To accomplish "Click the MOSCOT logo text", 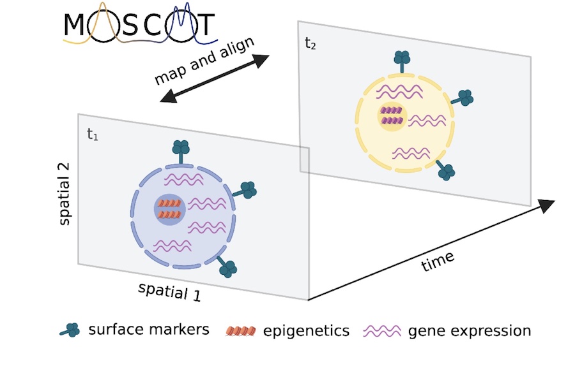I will pyautogui.click(x=139, y=26).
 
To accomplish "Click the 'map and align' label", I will pyautogui.click(x=204, y=61).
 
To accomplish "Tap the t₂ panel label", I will pyautogui.click(x=310, y=44).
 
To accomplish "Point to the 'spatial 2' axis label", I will pyautogui.click(x=66, y=194).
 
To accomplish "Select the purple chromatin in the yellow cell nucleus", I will pyautogui.click(x=391, y=115).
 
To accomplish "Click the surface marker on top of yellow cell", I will pyautogui.click(x=402, y=59).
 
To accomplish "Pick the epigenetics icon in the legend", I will pyautogui.click(x=241, y=331).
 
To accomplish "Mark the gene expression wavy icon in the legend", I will pyautogui.click(x=382, y=331).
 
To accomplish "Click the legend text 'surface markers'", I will pyautogui.click(x=149, y=330).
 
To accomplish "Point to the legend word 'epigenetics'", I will pyautogui.click(x=306, y=331).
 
